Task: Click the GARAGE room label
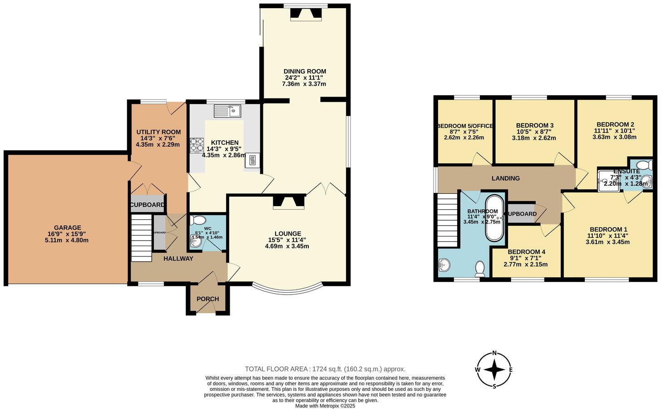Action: (x=67, y=227)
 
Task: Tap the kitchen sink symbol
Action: (x=227, y=110)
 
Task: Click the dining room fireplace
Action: (x=305, y=14)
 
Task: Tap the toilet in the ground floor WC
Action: (x=198, y=221)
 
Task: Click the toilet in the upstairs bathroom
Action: (x=480, y=269)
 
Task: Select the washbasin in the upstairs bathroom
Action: (x=444, y=265)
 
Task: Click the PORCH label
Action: (x=207, y=299)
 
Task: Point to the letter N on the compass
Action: (x=494, y=353)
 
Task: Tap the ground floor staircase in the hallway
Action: (x=141, y=238)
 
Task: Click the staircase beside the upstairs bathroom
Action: (x=447, y=220)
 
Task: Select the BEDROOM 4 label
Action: (x=526, y=251)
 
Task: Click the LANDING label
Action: (x=505, y=178)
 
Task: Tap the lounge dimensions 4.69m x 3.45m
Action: (x=287, y=246)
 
